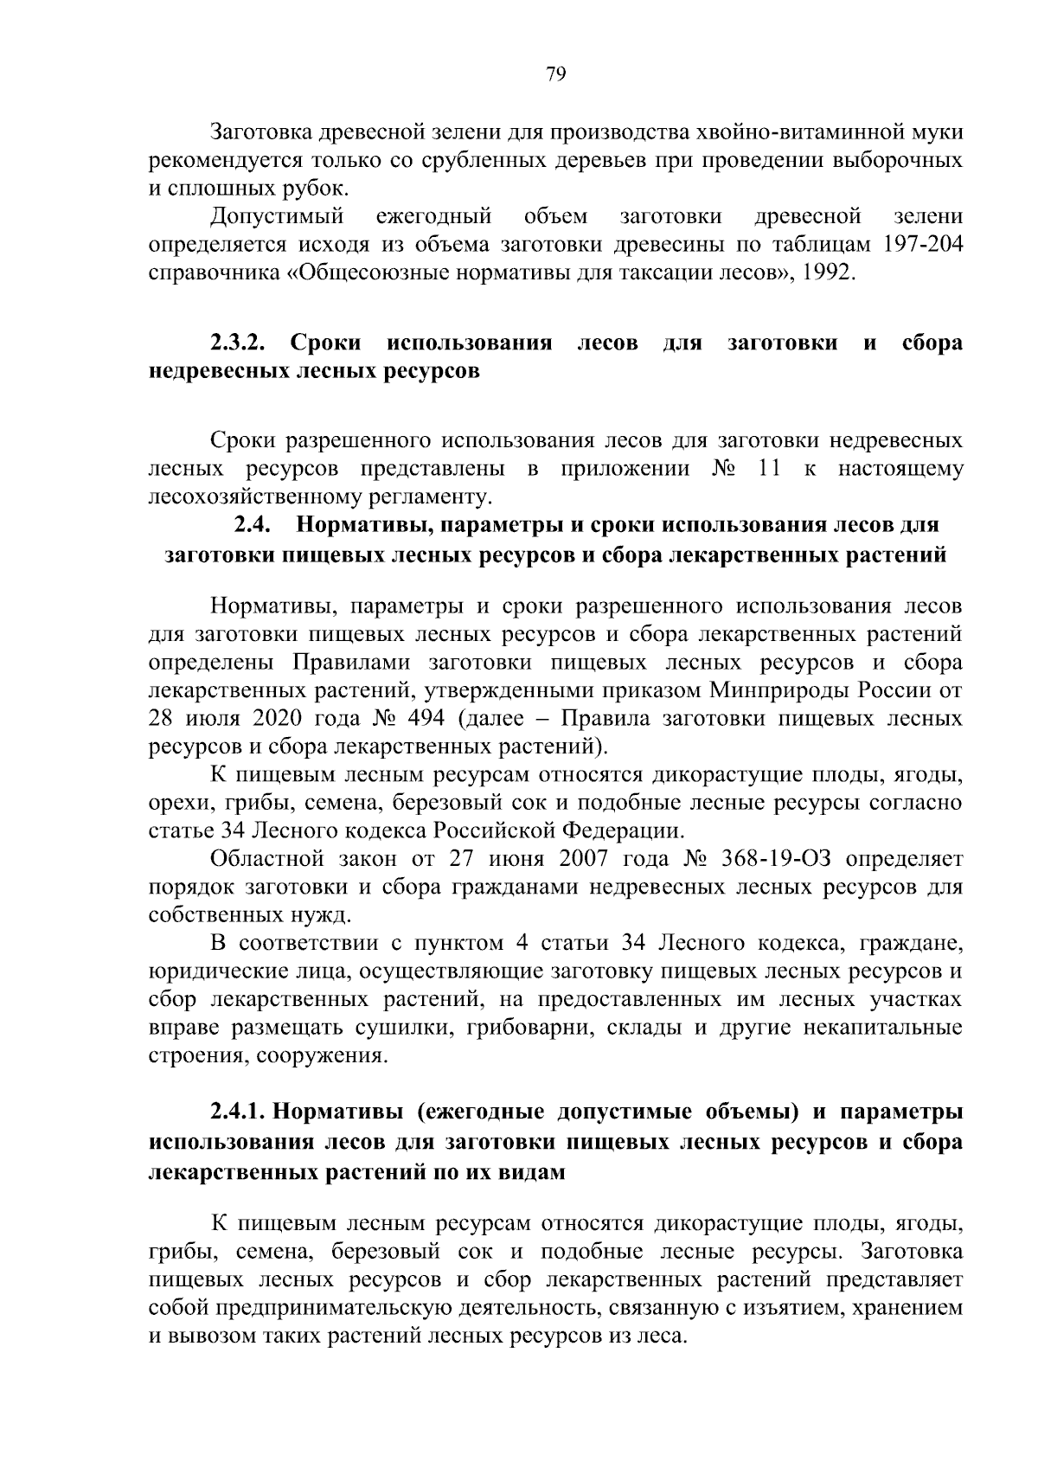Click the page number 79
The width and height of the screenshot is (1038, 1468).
(x=556, y=74)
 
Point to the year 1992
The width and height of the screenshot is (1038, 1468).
(x=828, y=272)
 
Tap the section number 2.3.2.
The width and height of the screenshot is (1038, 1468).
(x=237, y=343)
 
